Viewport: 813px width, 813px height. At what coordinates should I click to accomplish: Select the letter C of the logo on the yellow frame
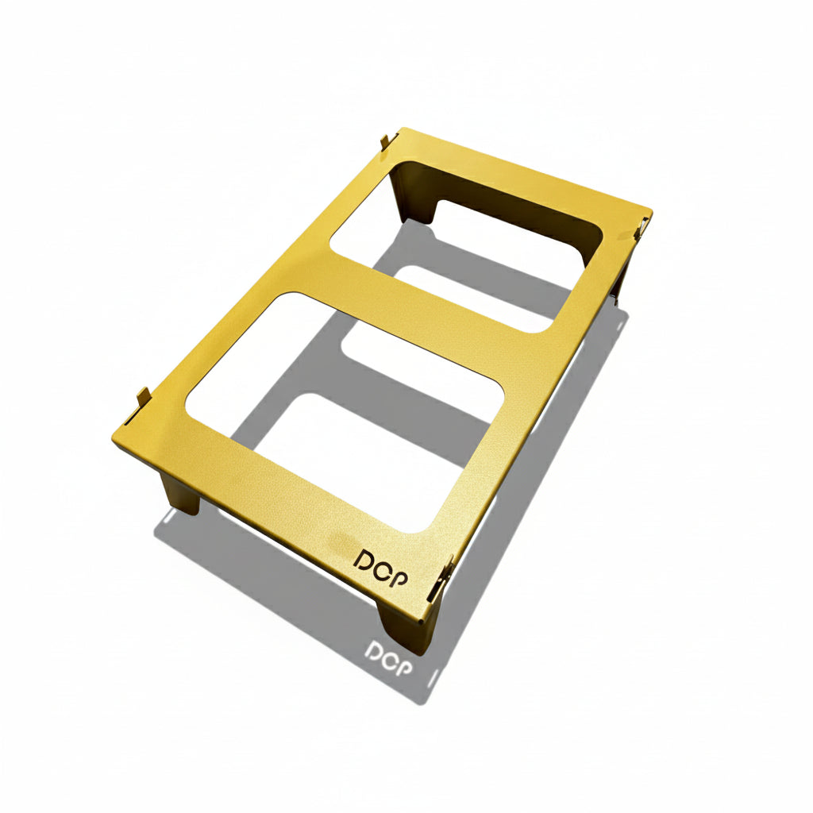[381, 567]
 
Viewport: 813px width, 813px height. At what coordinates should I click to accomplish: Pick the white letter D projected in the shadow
[372, 653]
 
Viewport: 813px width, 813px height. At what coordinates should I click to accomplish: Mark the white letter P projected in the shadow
[406, 668]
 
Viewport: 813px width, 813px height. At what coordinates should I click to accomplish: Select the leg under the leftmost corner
[178, 493]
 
